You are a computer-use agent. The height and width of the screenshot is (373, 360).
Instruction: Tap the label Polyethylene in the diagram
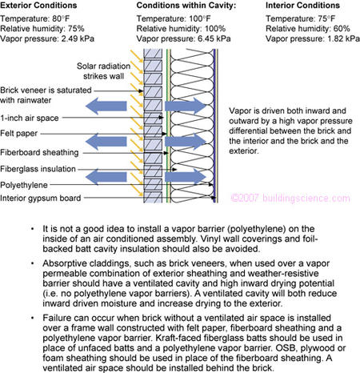point(26,184)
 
